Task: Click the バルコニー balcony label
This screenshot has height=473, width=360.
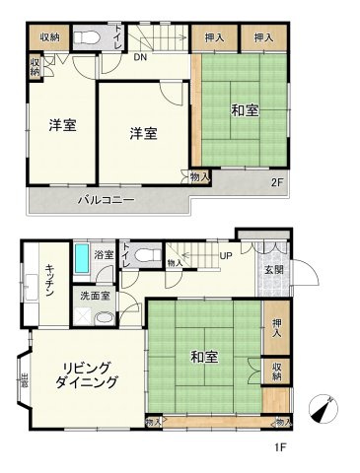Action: click(107, 200)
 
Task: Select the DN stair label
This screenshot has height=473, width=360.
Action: click(141, 58)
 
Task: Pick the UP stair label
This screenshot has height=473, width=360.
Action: click(225, 256)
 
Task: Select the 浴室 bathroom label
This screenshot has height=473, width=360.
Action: click(104, 255)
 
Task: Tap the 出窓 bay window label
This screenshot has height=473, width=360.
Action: click(24, 379)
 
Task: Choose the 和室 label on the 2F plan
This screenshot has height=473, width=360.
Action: click(246, 111)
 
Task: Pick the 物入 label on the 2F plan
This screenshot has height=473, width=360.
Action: click(199, 176)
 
